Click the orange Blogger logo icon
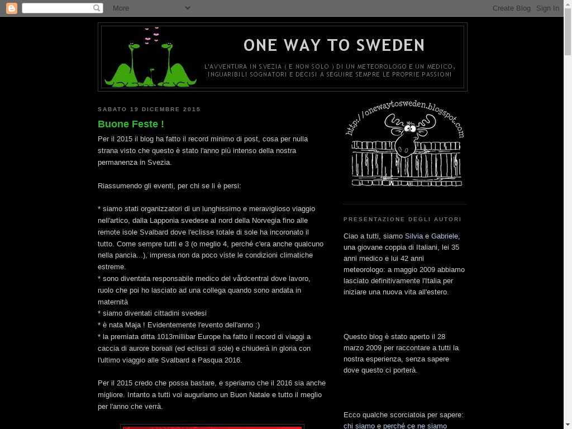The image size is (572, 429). tap(11, 8)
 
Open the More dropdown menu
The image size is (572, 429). tap(151, 8)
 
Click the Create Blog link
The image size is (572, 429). tap(511, 8)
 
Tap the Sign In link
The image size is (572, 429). tap(547, 8)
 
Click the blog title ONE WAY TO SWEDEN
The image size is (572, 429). tap(334, 45)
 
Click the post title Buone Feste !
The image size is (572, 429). tap(131, 124)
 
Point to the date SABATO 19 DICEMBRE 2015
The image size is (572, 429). tap(149, 109)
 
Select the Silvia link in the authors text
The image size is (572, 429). tap(414, 236)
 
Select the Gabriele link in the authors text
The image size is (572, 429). tap(445, 236)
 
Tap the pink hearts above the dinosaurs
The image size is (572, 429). tap(151, 35)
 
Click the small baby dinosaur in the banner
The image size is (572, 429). tap(150, 78)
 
